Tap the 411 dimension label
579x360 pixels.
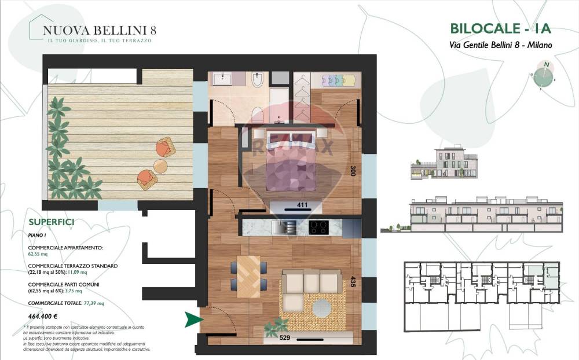pyautogui.click(x=301, y=205)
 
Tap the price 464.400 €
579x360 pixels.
pyautogui.click(x=46, y=316)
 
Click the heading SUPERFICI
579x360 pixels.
pyautogui.click(x=51, y=222)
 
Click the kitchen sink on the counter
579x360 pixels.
pyautogui.click(x=280, y=227)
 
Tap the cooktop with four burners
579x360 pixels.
pyautogui.click(x=318, y=227)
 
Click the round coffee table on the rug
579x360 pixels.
pyautogui.click(x=323, y=307)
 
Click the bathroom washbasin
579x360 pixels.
pyautogui.click(x=222, y=79)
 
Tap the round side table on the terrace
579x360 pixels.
pyautogui.click(x=160, y=166)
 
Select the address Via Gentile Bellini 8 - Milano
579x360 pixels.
pyautogui.click(x=500, y=45)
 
